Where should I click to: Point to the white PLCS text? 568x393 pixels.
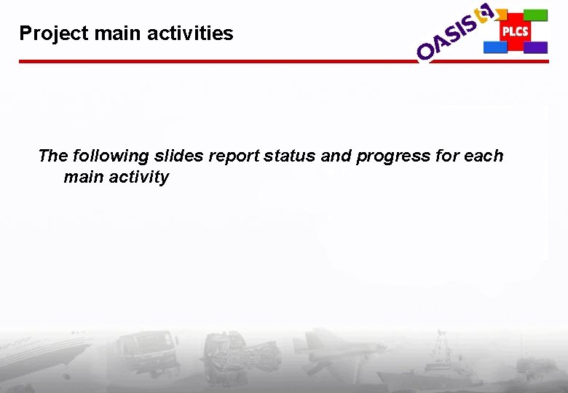[515, 31]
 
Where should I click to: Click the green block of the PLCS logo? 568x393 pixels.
[536, 15]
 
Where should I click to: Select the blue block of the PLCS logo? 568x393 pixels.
[495, 47]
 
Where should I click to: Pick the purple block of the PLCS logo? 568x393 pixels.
[536, 47]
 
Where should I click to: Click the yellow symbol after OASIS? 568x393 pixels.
[484, 12]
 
